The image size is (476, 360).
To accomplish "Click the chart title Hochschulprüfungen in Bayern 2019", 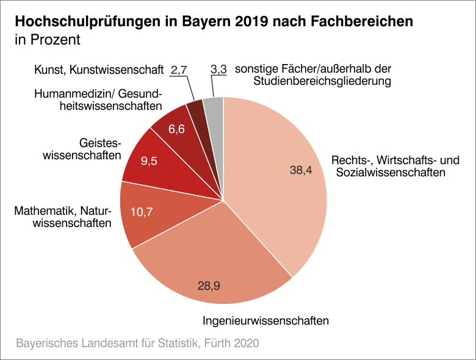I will click(214, 21).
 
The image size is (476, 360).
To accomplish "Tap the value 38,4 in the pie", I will click(301, 171).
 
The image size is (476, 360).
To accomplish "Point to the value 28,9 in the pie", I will click(209, 285).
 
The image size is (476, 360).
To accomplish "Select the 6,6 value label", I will click(176, 129).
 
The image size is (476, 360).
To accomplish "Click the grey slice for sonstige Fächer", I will click(214, 107).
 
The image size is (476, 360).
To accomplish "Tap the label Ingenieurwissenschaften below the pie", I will click(265, 320).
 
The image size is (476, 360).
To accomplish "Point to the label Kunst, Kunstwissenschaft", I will click(99, 70).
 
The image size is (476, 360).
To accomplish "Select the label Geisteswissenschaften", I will click(81, 149).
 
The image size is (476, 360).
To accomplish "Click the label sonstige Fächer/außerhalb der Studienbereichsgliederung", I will click(317, 74).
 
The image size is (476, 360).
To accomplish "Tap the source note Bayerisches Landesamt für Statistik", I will click(137, 343).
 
